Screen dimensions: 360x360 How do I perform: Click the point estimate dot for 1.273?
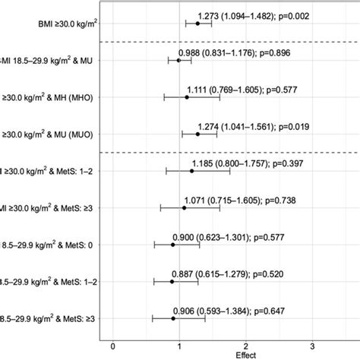197,23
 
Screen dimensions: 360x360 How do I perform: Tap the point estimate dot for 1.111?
187,96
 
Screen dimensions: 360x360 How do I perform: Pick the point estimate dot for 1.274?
197,134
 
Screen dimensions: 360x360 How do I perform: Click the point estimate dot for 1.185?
191,171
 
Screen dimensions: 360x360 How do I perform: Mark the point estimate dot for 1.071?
184,207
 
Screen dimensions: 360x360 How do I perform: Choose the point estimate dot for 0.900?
172,245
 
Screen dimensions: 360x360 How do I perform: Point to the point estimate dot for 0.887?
172,281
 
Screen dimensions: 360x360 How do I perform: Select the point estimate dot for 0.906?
173,318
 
